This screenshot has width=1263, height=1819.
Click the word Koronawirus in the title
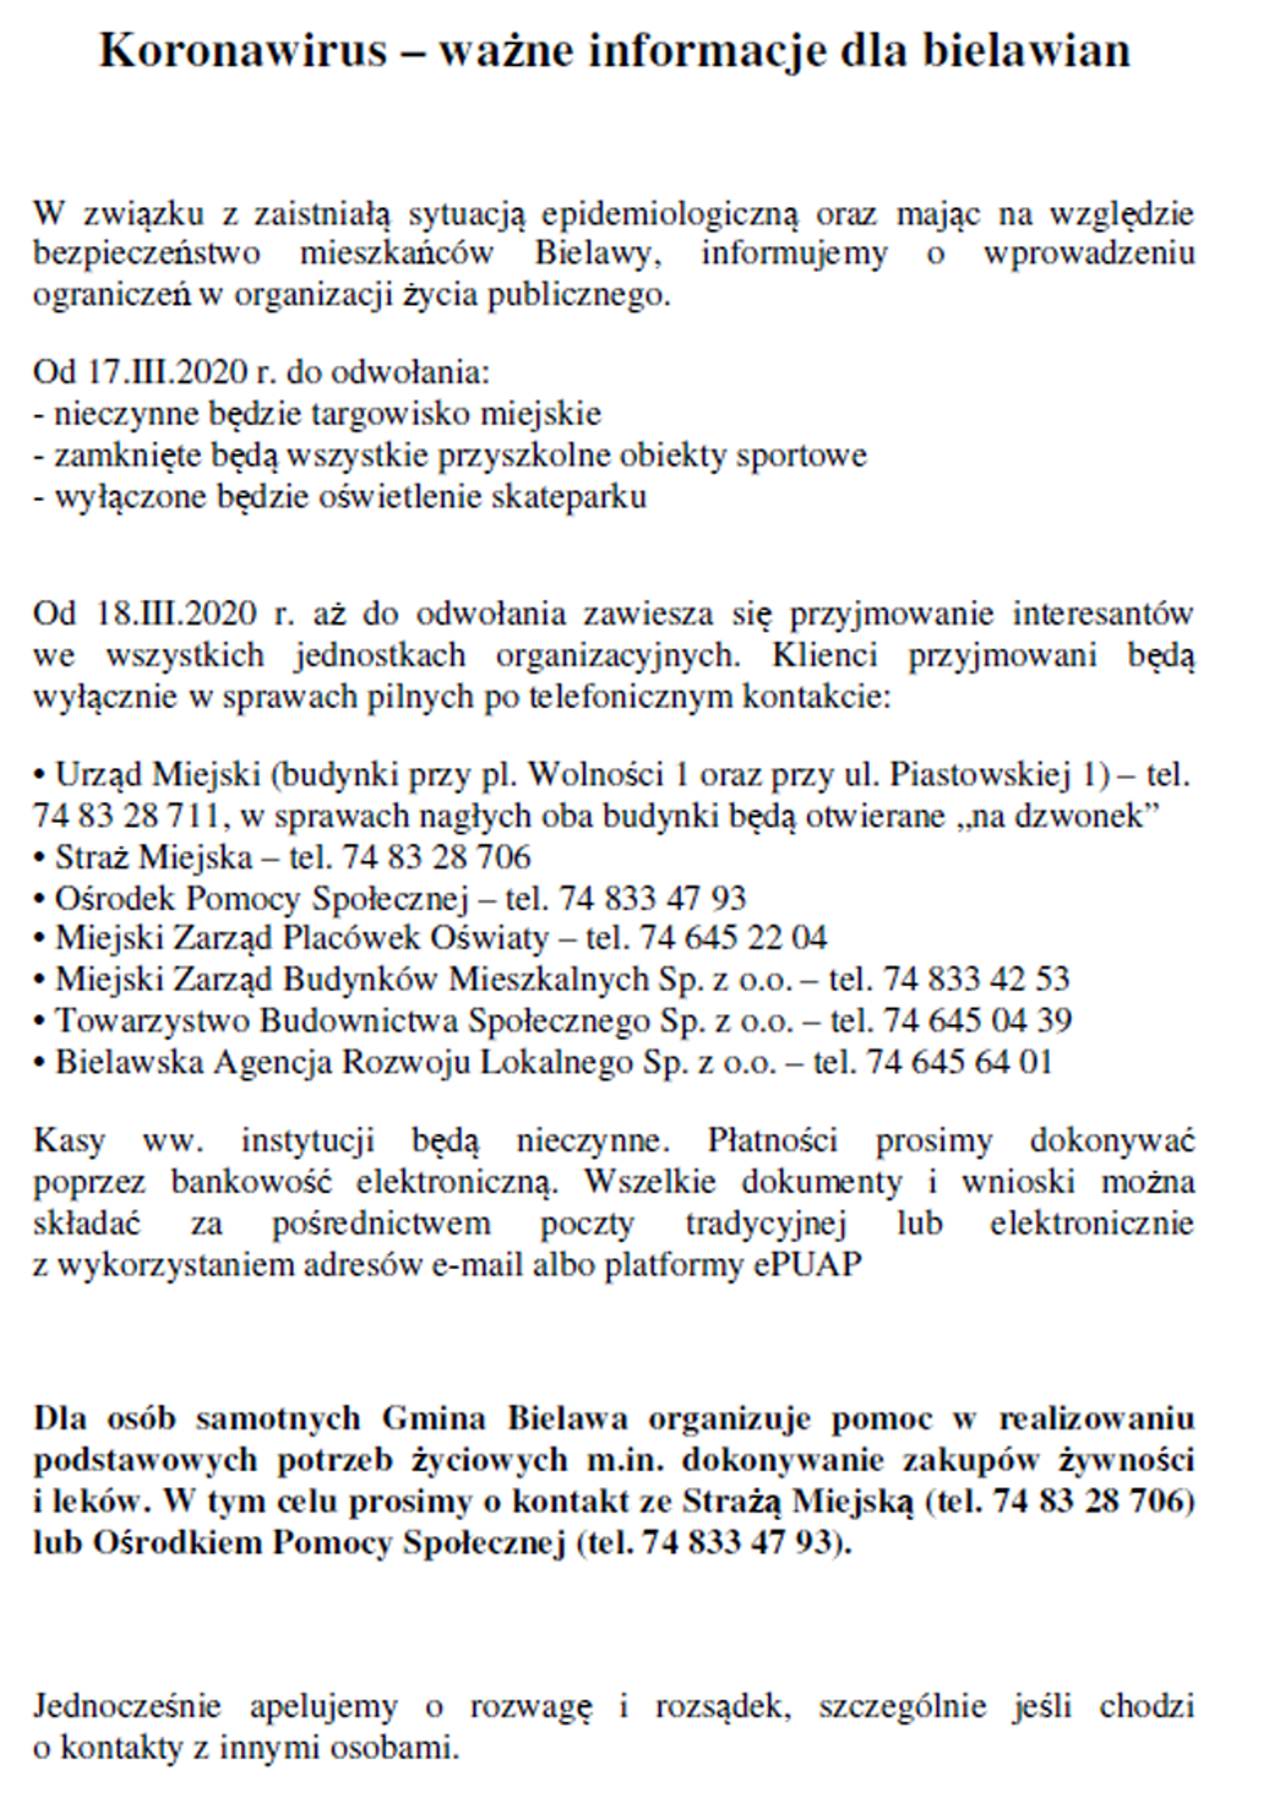point(243,50)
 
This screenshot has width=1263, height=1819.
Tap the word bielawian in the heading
point(1026,50)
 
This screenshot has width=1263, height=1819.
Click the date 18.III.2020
point(177,613)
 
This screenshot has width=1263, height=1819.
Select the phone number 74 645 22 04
point(733,938)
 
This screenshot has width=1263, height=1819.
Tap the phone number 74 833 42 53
point(977,979)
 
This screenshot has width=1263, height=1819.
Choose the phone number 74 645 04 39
point(978,1021)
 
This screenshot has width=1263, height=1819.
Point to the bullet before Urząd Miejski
point(39,776)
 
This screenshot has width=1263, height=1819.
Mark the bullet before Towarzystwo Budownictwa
point(39,1022)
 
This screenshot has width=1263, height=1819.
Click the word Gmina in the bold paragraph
point(433,1419)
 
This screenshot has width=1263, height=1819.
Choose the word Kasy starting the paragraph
point(69,1141)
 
